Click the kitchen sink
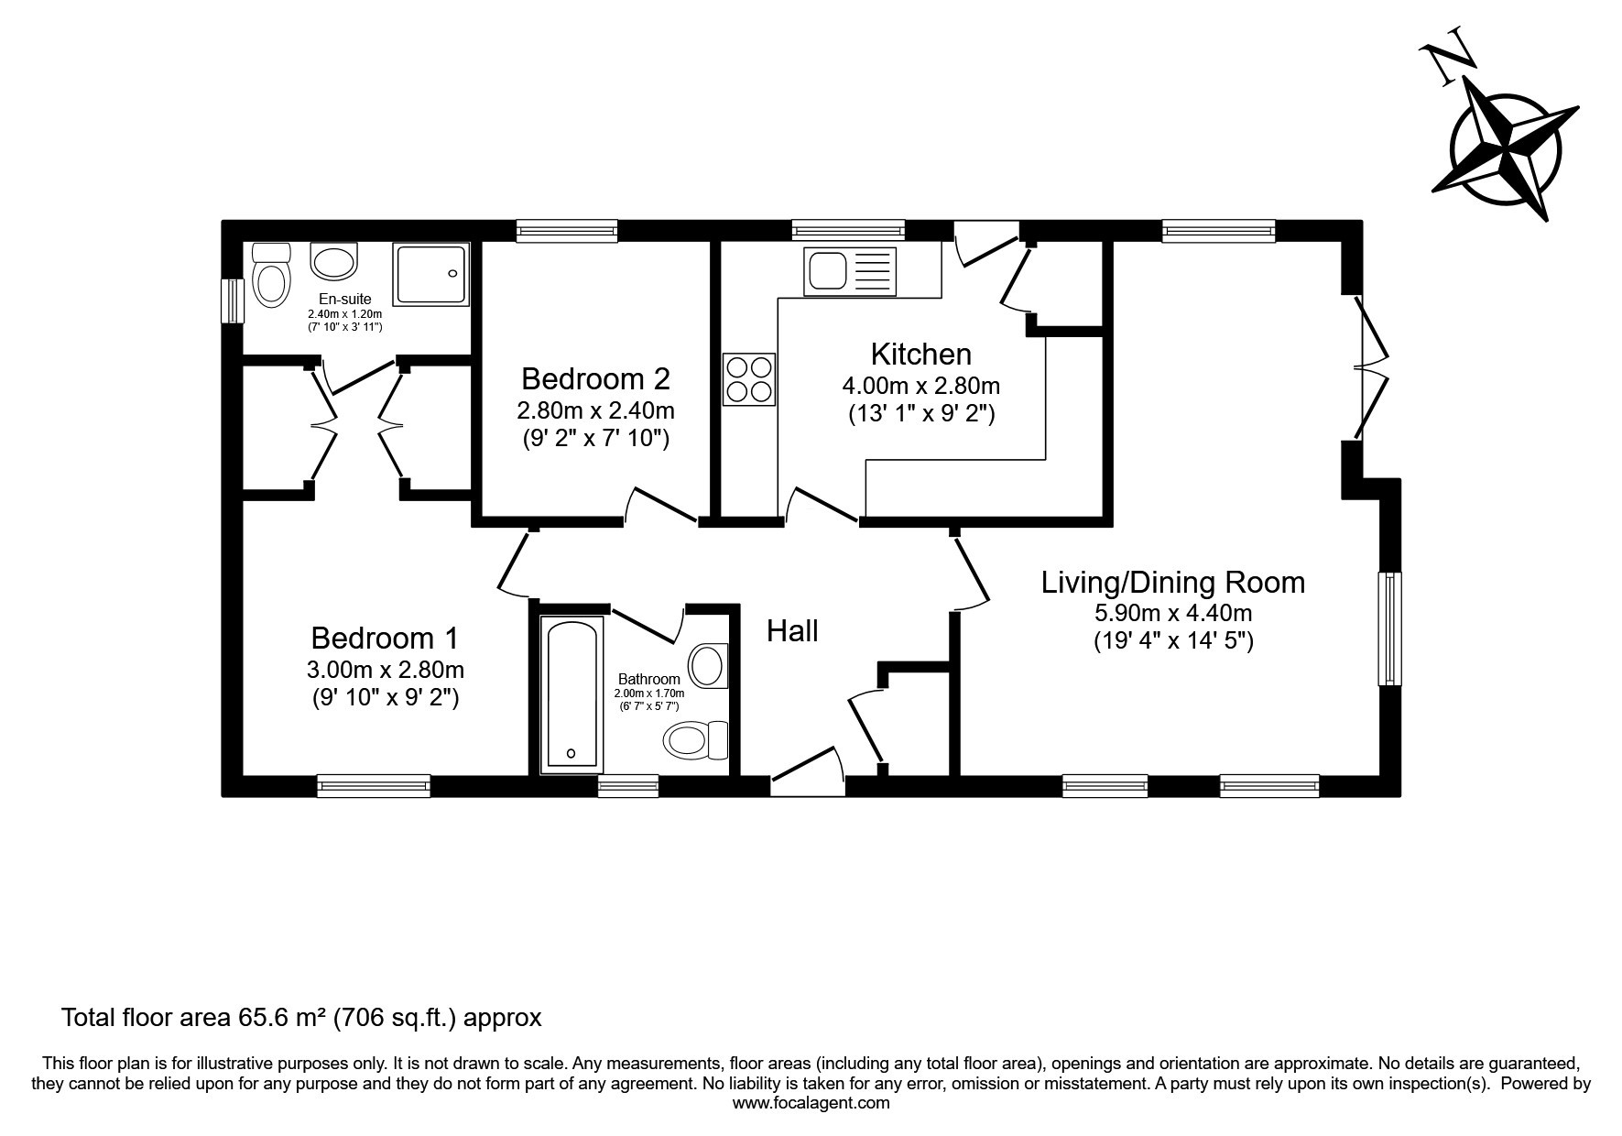pos(848,271)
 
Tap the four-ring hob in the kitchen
pos(748,379)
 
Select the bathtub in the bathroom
pos(572,694)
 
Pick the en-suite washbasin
pos(334,261)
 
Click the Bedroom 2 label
pos(595,378)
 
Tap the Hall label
pos(792,631)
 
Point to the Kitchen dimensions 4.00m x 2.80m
pos(920,386)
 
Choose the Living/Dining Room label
pos(1173,583)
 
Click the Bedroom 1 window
pos(374,785)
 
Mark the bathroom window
pos(628,785)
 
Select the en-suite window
pos(233,300)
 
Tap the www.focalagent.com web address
pos(811,1104)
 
